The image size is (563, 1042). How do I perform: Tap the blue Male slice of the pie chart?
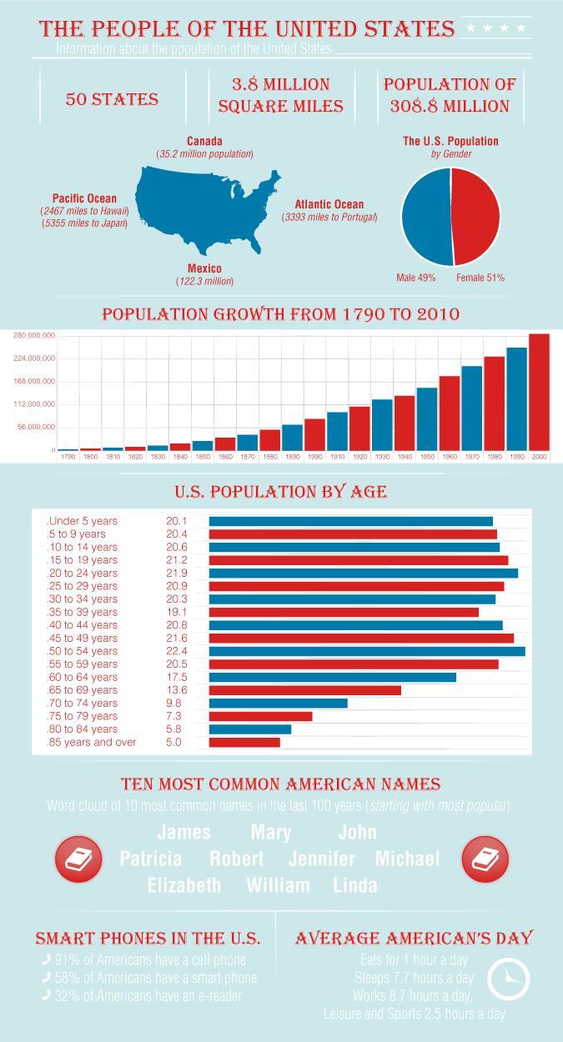point(425,218)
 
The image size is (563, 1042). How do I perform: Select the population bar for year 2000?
point(539,391)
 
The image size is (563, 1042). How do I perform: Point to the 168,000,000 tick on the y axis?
point(34,381)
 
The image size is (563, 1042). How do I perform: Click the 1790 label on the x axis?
point(68,457)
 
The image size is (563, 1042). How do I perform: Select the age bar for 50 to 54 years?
point(367,651)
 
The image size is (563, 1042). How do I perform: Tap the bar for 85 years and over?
point(244,742)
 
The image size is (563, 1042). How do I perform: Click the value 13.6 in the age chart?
point(177,690)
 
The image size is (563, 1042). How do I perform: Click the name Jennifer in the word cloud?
point(321,859)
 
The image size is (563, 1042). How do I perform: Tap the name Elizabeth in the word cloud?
point(184,885)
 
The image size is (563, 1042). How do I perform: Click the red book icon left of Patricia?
point(78,859)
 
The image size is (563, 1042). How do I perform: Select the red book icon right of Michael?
point(485,859)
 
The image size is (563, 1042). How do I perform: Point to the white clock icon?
point(508,979)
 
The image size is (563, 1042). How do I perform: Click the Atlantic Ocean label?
point(329,204)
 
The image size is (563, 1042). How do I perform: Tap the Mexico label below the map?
point(204,268)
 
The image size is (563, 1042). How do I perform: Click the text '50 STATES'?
point(112,100)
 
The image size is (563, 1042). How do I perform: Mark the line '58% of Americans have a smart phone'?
point(155,978)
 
